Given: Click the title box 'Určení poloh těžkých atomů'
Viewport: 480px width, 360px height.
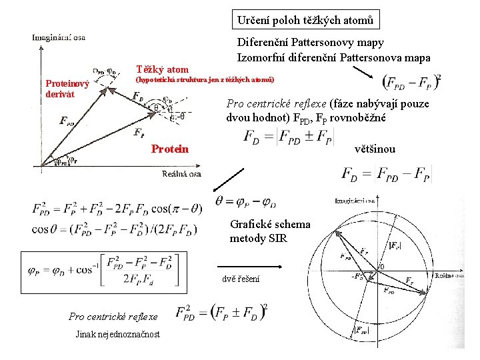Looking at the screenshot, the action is [x=306, y=20].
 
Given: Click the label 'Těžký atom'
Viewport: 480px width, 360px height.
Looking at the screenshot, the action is [x=162, y=69].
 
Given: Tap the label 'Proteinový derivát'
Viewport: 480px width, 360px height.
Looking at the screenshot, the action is [x=67, y=89].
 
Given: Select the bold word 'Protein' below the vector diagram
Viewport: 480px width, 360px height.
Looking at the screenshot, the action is [x=170, y=149].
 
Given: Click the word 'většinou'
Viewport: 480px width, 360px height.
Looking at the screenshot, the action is [x=375, y=149].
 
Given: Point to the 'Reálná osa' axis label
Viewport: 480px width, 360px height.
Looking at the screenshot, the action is [x=181, y=173].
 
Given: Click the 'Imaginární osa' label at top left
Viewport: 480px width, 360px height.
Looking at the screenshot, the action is [x=59, y=38].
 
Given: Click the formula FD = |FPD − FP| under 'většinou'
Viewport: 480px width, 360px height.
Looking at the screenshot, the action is [x=386, y=174].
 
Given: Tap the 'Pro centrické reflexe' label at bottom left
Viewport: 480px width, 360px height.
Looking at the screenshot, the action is [x=113, y=317].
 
